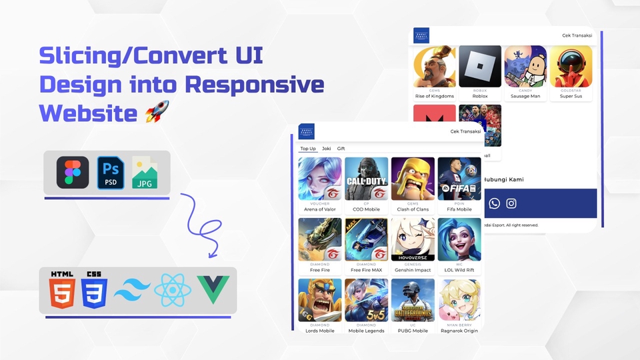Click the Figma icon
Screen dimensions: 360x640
pos(73,173)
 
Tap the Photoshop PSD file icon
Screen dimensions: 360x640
pos(111,173)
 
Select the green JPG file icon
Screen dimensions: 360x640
pos(145,173)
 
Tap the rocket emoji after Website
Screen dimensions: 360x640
pos(157,111)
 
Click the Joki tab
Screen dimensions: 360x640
pos(326,149)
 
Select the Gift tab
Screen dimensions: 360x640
pos(341,149)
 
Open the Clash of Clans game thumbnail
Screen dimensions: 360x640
pos(413,179)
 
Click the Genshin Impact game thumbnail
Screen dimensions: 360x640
pos(413,239)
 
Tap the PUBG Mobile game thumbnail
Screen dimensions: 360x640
pos(413,300)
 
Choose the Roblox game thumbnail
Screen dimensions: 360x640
pos(480,67)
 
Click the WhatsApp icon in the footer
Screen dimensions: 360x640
pos(494,203)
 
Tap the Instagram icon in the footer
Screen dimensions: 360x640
pos(511,203)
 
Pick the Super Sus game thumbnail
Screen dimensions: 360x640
pos(571,67)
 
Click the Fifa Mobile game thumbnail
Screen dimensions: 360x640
pos(459,179)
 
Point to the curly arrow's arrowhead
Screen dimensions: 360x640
pos(213,254)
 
